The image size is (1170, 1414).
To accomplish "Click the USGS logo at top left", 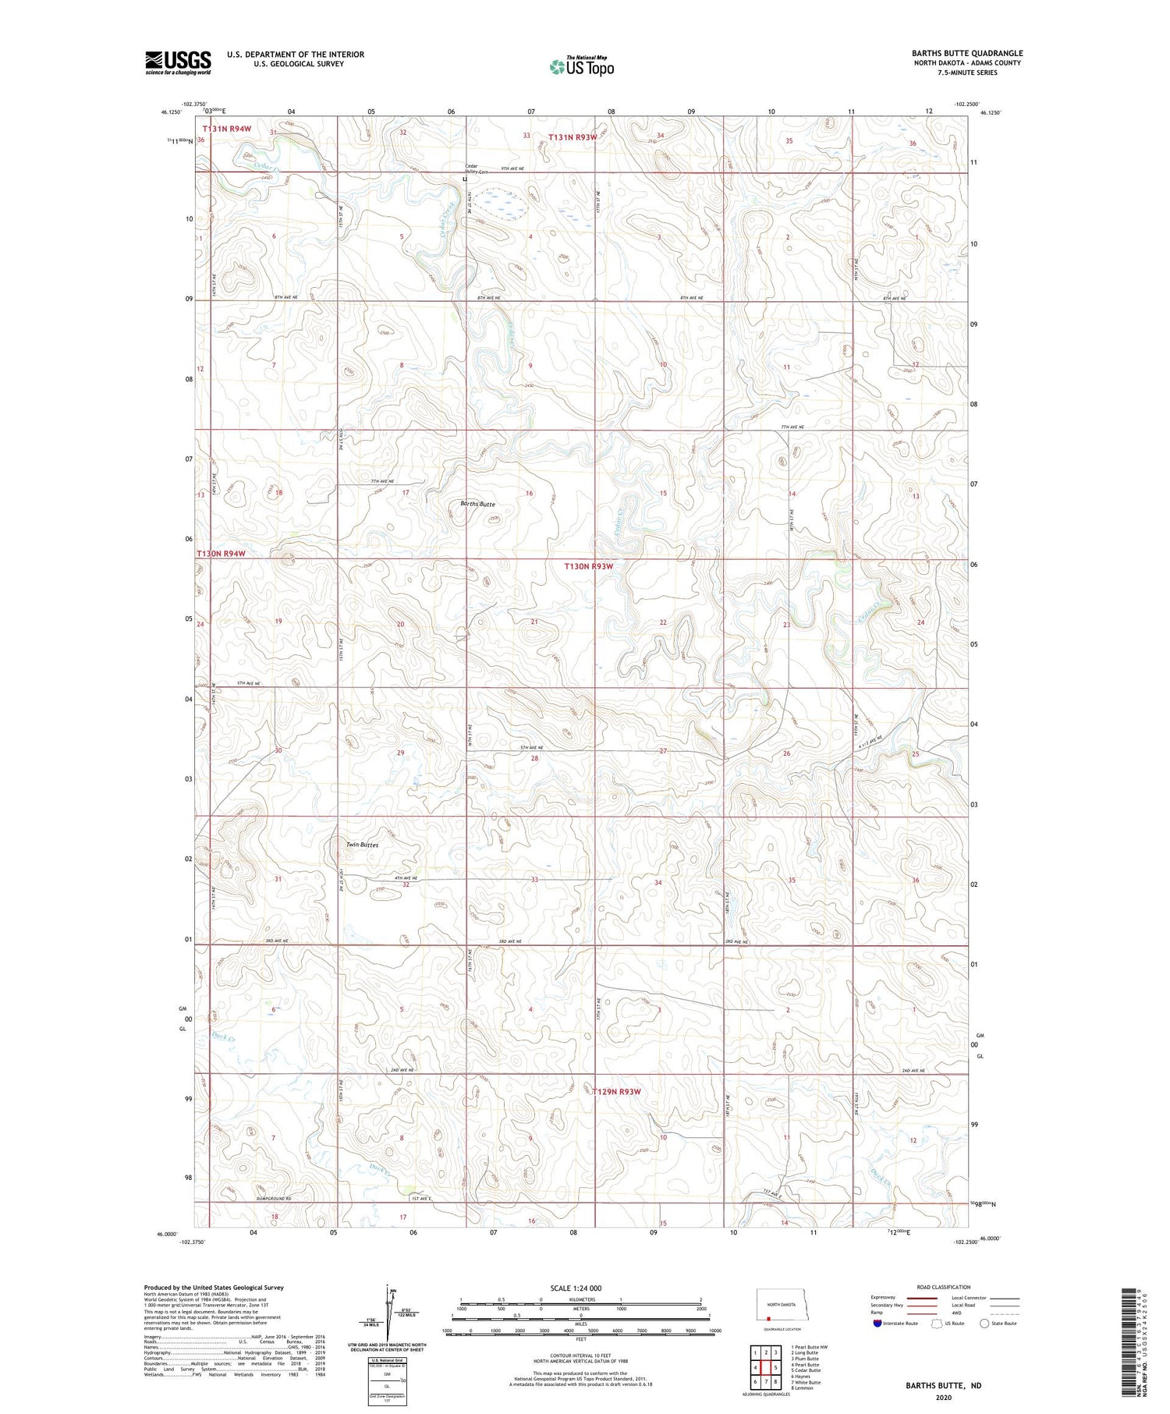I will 178,62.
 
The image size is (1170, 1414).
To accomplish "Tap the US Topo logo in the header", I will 581,67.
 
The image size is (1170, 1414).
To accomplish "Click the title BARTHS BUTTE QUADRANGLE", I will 967,53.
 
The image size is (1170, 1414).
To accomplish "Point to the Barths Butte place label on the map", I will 477,504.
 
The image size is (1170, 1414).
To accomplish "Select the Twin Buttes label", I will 362,845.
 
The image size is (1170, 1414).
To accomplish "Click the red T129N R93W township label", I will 616,1091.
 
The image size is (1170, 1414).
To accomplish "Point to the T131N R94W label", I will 226,128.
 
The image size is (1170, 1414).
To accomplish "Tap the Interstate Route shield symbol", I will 877,1324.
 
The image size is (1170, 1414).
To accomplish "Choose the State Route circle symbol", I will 984,1324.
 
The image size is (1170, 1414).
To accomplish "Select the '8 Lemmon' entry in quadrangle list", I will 802,1388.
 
